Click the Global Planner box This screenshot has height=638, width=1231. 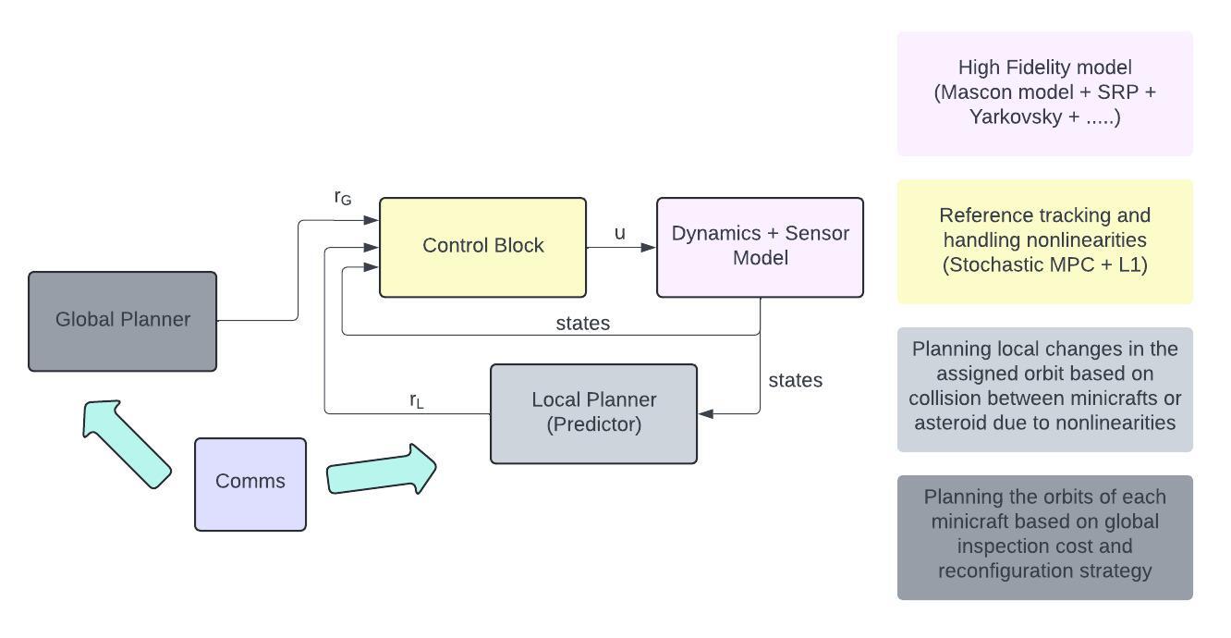tap(123, 321)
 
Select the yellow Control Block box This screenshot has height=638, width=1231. tap(482, 247)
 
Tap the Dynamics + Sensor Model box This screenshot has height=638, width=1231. tap(760, 247)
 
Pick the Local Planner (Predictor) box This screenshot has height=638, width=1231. tap(593, 413)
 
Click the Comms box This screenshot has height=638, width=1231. tap(250, 484)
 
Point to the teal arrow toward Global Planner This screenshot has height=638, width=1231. tap(124, 441)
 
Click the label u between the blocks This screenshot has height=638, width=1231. tap(619, 233)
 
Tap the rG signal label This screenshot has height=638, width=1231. tap(343, 198)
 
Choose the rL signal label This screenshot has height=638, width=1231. tap(417, 400)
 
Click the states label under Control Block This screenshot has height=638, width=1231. tap(582, 324)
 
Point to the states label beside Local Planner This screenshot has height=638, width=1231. tap(795, 380)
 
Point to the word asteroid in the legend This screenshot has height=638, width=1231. tap(949, 423)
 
